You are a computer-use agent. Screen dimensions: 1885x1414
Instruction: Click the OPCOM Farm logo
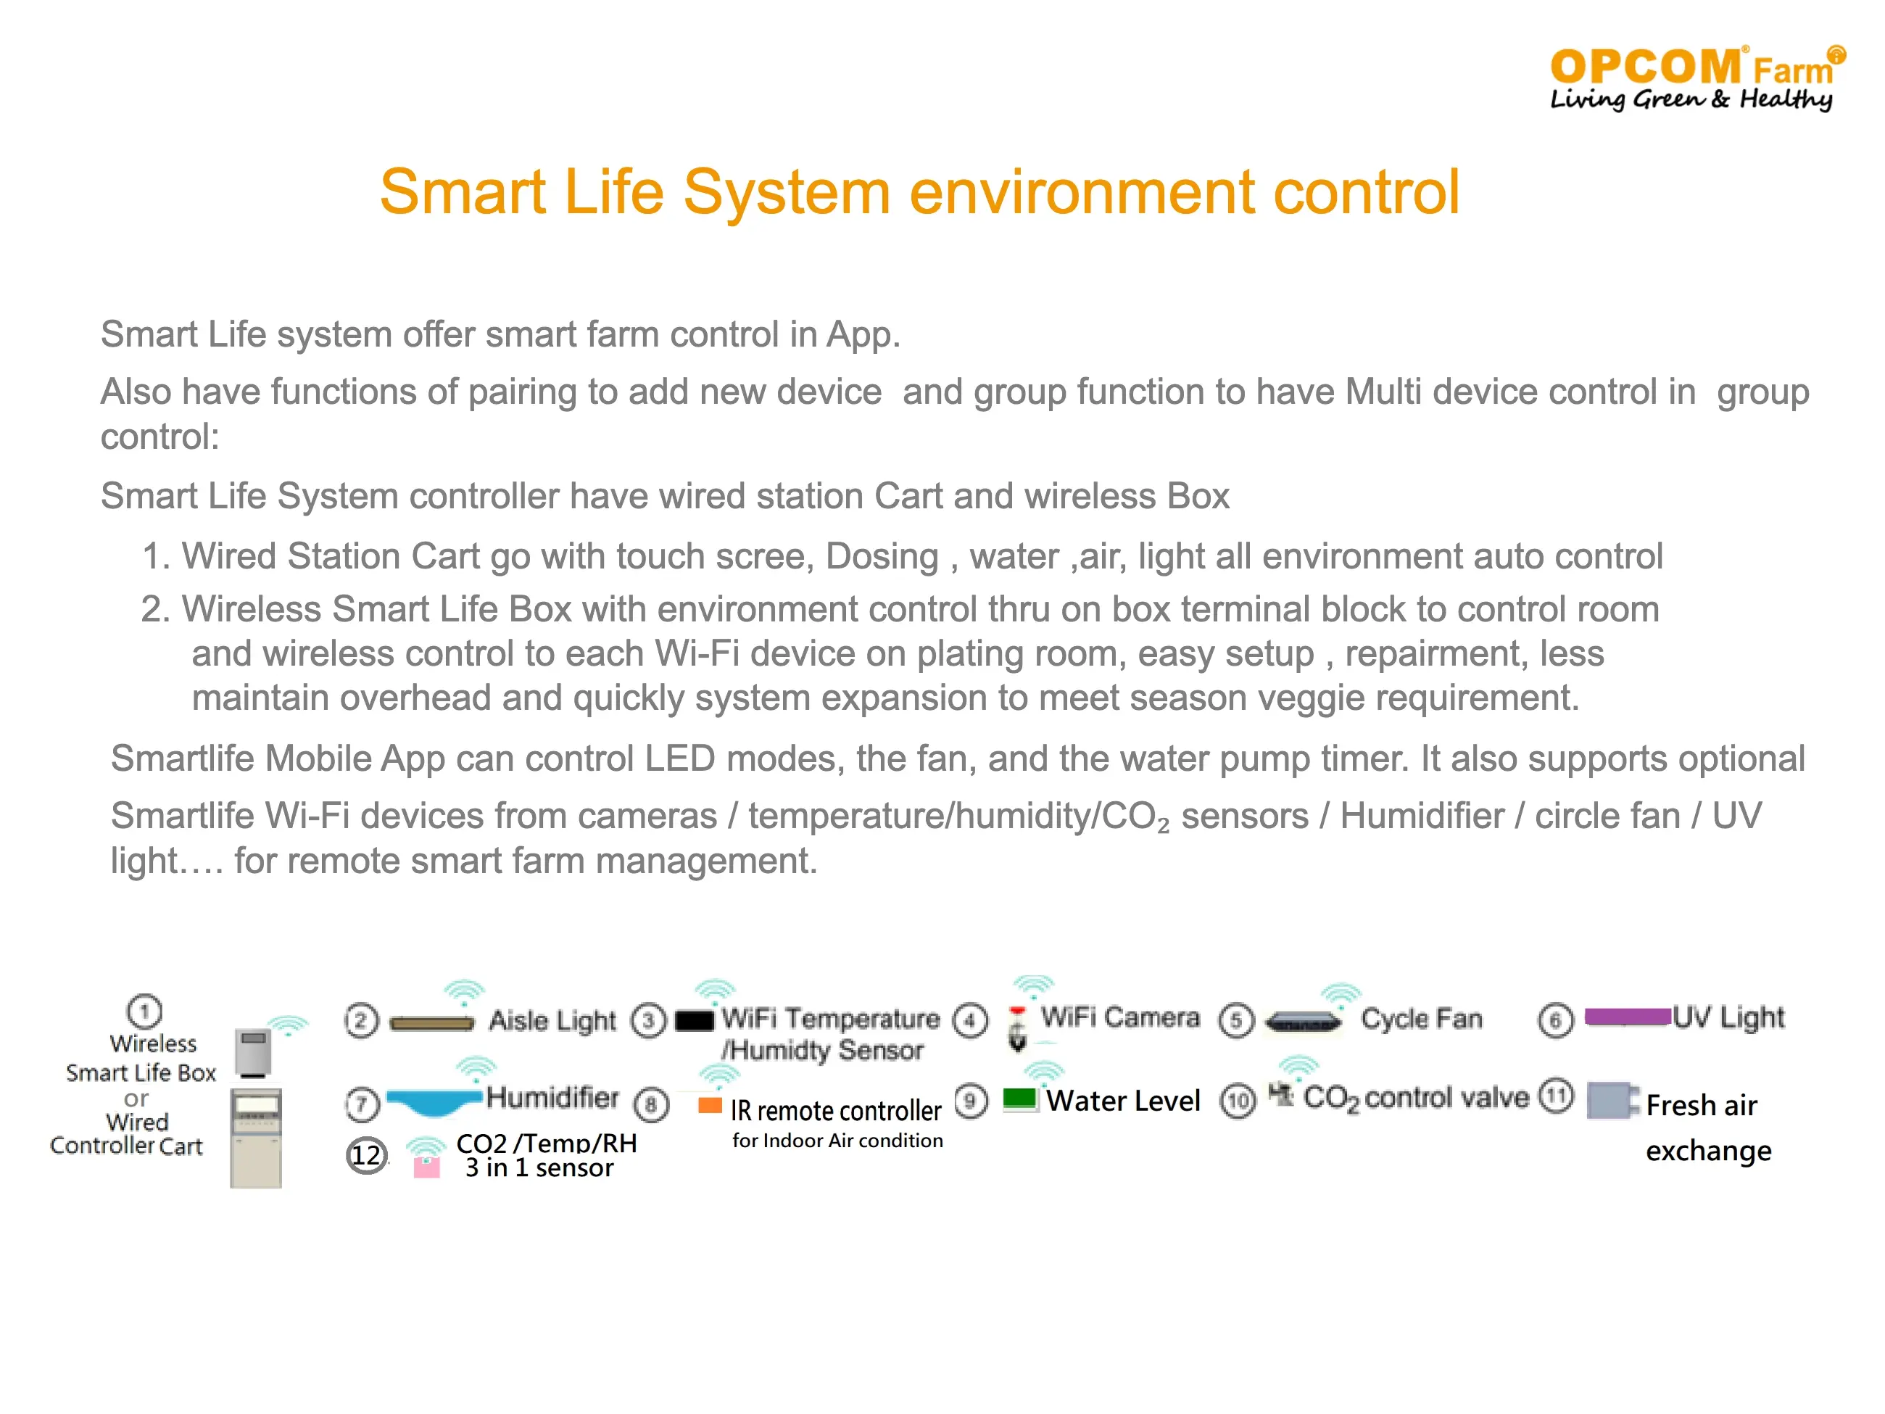(1696, 78)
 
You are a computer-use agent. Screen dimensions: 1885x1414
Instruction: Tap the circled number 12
(366, 1155)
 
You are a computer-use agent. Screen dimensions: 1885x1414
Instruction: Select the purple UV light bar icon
(1627, 1016)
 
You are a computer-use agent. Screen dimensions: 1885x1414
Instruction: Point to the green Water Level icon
(1019, 1099)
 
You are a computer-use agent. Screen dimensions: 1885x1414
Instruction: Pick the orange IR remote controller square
(710, 1106)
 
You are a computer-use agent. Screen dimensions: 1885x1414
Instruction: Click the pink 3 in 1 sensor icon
(426, 1167)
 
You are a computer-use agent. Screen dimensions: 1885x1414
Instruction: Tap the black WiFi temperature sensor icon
(694, 1020)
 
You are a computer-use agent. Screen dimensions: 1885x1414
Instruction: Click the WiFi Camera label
(1119, 1017)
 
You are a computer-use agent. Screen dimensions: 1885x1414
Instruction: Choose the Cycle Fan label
(1422, 1019)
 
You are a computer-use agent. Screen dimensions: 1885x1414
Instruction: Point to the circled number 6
(1555, 1020)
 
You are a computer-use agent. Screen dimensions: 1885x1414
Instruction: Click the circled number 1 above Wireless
(145, 1012)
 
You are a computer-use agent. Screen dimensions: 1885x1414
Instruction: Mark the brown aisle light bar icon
(432, 1022)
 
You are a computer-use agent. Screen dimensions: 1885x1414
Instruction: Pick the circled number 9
(971, 1100)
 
